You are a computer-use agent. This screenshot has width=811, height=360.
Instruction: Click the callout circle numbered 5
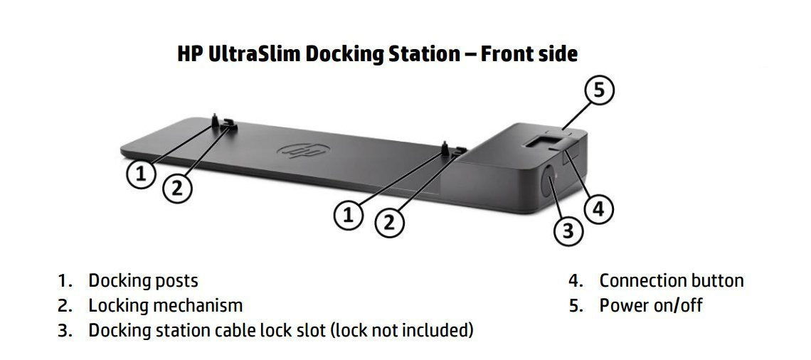pos(600,92)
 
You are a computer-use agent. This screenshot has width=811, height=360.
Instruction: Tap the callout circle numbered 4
pos(598,208)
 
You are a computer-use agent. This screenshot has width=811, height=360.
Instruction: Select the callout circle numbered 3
pos(568,230)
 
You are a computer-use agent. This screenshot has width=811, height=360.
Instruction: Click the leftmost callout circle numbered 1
pos(141,174)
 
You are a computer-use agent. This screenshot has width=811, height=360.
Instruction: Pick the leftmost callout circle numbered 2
pos(177,188)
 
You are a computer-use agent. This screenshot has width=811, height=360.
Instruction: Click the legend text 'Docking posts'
pos(143,281)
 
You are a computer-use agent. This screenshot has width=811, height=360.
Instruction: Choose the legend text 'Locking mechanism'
pos(165,306)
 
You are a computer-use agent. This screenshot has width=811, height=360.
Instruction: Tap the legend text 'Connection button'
pos(671,281)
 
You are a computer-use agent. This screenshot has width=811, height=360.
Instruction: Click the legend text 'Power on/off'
pos(650,306)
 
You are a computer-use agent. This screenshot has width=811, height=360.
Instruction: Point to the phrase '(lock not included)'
pos(403,330)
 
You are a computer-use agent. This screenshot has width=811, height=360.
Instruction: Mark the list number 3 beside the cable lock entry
pos(64,331)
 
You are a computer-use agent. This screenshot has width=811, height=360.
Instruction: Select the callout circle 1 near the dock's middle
pos(348,216)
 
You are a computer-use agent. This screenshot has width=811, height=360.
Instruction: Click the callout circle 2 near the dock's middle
pos(388,222)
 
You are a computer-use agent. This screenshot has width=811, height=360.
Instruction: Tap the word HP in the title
pos(191,54)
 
